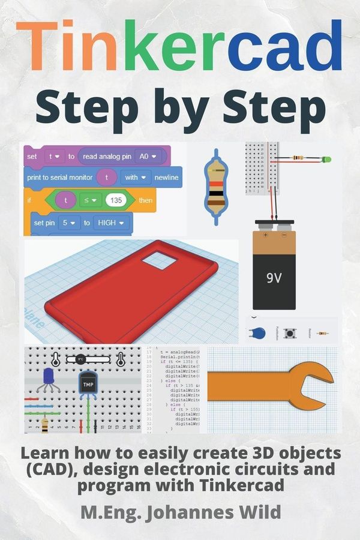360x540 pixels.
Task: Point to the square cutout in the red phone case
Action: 159,260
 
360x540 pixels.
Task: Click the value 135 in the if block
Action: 117,200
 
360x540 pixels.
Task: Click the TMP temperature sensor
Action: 88,384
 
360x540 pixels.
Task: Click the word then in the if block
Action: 146,200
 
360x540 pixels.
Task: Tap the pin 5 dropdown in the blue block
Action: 71,223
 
